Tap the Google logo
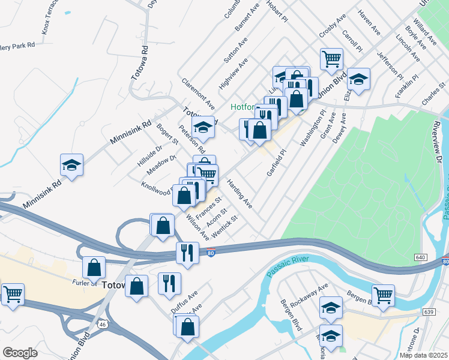[20, 352]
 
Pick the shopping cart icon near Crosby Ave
[331, 59]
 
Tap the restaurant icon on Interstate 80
[187, 253]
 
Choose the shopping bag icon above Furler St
[94, 267]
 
